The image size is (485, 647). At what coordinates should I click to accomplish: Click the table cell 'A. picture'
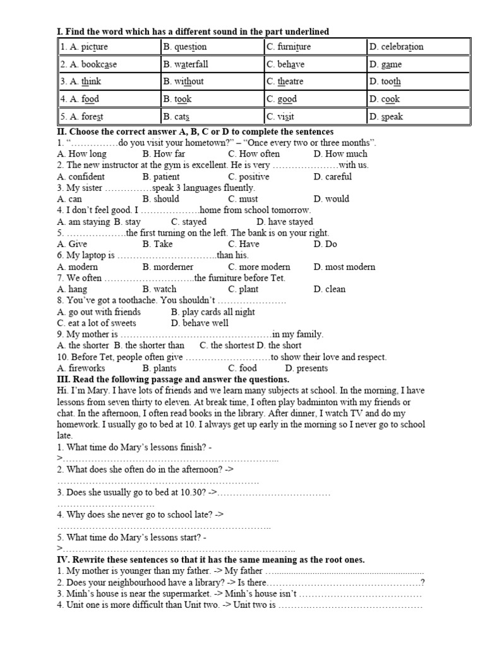click(x=109, y=47)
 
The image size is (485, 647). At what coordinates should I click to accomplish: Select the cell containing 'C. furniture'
click(x=316, y=47)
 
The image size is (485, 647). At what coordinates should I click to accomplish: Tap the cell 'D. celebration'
click(x=419, y=47)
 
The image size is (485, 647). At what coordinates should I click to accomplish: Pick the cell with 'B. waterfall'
click(x=212, y=64)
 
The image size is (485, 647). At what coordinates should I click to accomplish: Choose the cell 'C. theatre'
click(x=316, y=82)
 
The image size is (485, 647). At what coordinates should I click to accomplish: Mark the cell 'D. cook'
click(x=419, y=99)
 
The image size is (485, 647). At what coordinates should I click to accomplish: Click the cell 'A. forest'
click(x=109, y=117)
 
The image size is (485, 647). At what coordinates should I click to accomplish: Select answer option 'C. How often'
click(x=254, y=154)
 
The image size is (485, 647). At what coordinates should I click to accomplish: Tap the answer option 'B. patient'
click(x=161, y=177)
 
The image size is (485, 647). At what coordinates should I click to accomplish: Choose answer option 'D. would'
click(x=331, y=199)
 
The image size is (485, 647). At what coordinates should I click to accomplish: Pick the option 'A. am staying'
click(x=83, y=222)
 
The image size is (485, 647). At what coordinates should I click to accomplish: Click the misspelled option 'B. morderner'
click(x=168, y=267)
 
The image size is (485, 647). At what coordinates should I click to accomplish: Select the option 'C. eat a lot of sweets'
click(x=96, y=323)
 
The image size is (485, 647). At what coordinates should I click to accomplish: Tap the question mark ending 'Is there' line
click(x=422, y=583)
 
